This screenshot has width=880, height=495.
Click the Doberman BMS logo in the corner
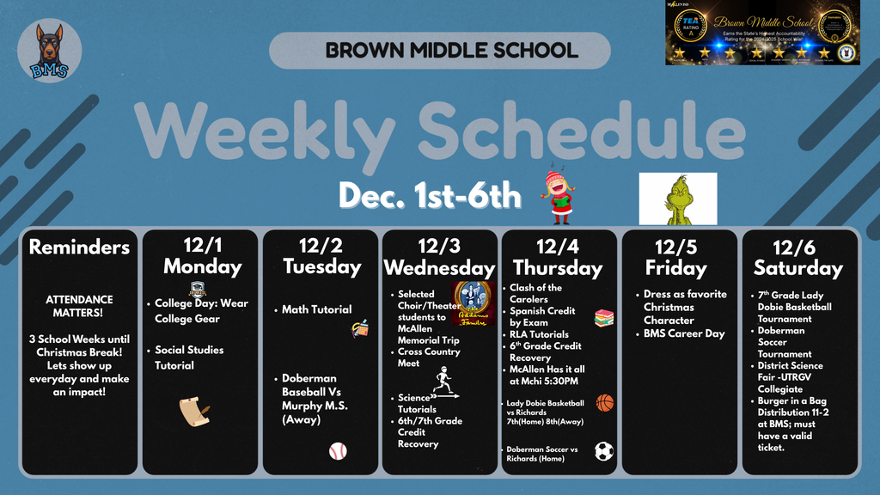coord(50,51)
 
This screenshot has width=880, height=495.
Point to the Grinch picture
coord(678,199)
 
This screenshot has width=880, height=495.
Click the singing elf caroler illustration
coord(559,197)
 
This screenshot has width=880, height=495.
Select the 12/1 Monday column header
coord(202,256)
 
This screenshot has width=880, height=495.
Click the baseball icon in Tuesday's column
coord(338,450)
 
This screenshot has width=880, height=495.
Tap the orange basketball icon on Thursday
coord(605,402)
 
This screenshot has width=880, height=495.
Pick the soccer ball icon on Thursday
coord(604,450)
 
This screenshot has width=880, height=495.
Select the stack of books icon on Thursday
coord(604,318)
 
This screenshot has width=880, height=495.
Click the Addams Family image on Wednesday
coord(473,302)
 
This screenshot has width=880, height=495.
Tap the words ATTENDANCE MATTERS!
coord(79,307)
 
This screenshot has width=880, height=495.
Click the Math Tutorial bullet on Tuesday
coord(316,309)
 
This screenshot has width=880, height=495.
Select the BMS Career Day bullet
coord(684,333)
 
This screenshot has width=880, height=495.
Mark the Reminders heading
coord(79,247)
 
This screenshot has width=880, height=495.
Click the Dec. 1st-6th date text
coord(430,196)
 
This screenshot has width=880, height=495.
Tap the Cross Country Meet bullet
coord(429,357)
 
